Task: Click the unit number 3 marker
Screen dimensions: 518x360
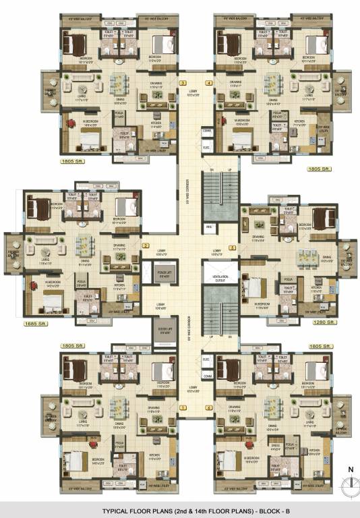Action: coord(182,83)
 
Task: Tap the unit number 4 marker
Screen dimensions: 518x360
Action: coord(209,83)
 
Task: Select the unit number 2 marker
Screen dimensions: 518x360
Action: coord(145,246)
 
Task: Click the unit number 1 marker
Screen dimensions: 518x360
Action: coord(182,408)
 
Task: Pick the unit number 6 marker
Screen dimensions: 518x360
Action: coord(209,408)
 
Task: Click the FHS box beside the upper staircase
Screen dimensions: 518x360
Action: coord(209,227)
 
